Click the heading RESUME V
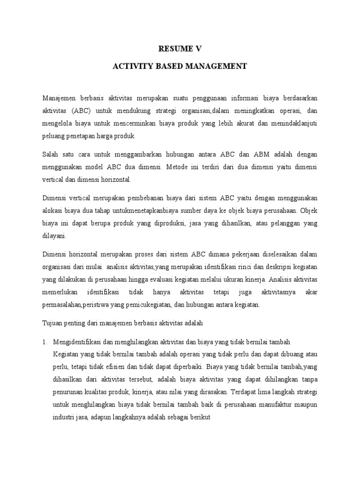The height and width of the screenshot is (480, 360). click(180, 48)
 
